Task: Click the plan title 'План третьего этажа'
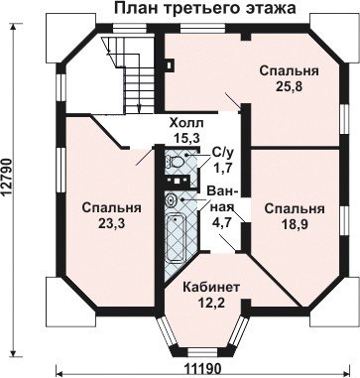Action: [x=205, y=8]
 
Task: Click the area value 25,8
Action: [x=289, y=86]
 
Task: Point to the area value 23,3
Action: [x=111, y=223]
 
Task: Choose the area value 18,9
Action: [x=295, y=224]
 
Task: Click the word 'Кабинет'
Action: [x=211, y=288]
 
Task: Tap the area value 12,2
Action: [x=211, y=303]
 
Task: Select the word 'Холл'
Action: [x=186, y=123]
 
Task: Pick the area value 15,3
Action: [x=187, y=138]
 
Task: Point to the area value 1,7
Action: [x=222, y=167]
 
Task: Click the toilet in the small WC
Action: [x=176, y=162]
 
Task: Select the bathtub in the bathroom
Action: [x=176, y=238]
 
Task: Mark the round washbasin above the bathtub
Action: [x=171, y=199]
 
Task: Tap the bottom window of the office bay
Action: [x=197, y=352]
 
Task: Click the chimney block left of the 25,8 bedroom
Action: [x=170, y=65]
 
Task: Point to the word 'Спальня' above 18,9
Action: [x=295, y=209]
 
